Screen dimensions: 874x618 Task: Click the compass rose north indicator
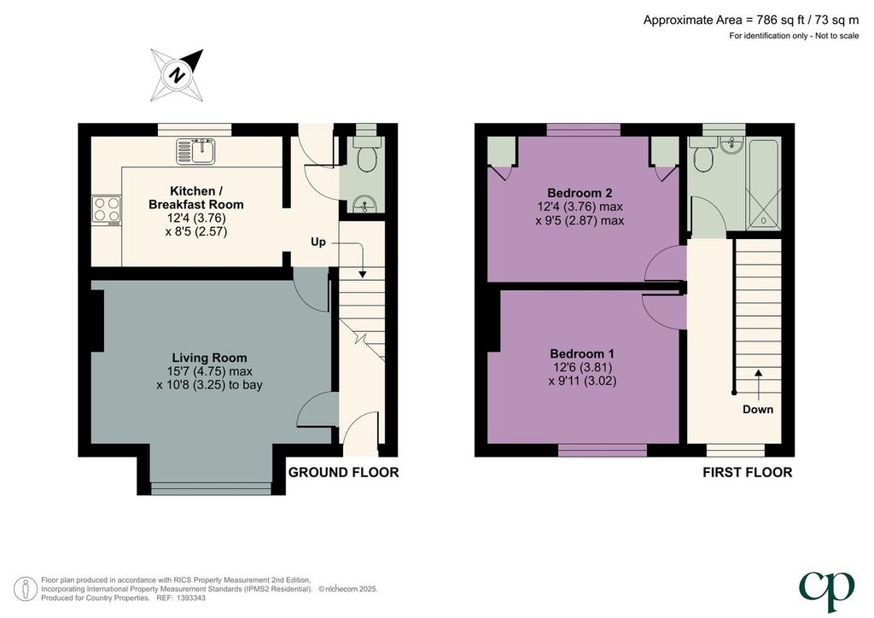tap(178, 75)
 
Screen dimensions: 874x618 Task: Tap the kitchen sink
tap(195, 151)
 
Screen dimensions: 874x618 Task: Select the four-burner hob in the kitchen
tap(107, 211)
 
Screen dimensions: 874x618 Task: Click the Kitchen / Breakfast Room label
tap(195, 198)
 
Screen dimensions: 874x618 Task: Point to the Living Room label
tap(209, 358)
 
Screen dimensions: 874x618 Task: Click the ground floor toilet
tap(367, 154)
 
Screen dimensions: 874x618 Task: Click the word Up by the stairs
tap(318, 242)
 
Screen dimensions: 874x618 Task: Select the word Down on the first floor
tap(758, 410)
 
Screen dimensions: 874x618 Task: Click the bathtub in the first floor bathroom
tap(764, 184)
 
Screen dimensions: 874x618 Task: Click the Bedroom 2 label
tap(580, 193)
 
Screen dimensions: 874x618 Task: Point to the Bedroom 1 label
tap(582, 354)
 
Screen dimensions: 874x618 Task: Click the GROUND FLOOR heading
tap(343, 473)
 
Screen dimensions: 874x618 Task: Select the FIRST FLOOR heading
tap(748, 473)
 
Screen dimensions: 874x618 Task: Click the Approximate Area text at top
tap(751, 20)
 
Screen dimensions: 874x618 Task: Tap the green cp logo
tap(826, 590)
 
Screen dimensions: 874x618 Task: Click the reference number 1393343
tap(189, 598)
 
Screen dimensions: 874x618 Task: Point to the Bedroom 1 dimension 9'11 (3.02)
tap(582, 382)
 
